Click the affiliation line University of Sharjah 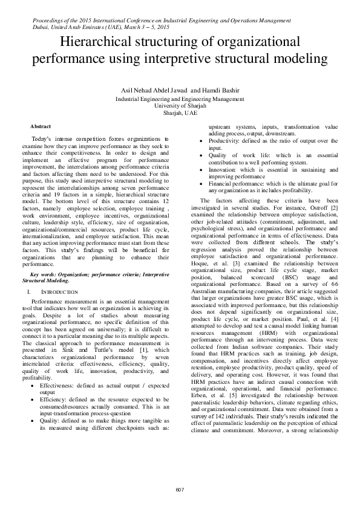[180, 105]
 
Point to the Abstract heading [41, 126]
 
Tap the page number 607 [180, 488]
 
